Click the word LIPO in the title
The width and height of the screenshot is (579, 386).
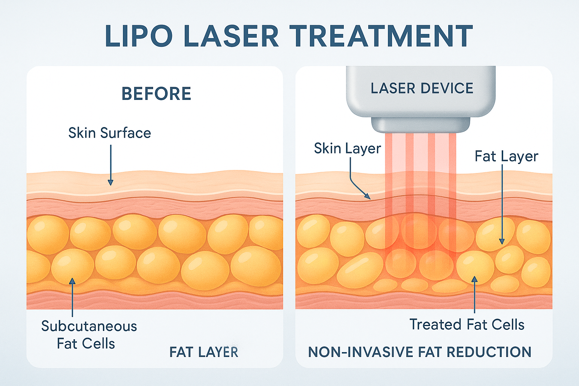pyautogui.click(x=138, y=36)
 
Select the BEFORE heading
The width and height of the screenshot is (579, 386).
pyautogui.click(x=156, y=94)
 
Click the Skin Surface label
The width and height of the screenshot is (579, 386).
pyautogui.click(x=110, y=133)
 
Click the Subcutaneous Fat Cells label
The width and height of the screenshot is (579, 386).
pyautogui.click(x=89, y=335)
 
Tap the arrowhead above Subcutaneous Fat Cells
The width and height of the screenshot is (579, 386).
pyautogui.click(x=72, y=281)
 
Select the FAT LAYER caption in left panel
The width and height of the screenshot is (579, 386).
pyautogui.click(x=204, y=352)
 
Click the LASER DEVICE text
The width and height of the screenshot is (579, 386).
pyautogui.click(x=422, y=89)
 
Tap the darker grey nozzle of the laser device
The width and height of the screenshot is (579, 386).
pyautogui.click(x=421, y=125)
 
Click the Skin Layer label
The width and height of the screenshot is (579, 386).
pyautogui.click(x=347, y=149)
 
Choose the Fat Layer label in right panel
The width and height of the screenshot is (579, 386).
pyautogui.click(x=506, y=156)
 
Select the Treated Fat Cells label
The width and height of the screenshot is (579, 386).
pyautogui.click(x=467, y=325)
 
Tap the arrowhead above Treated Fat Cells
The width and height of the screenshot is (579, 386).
pyautogui.click(x=475, y=279)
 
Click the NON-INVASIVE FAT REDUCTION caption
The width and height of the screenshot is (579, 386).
pyautogui.click(x=420, y=352)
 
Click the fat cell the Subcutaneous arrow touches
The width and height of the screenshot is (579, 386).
pyautogui.click(x=72, y=266)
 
